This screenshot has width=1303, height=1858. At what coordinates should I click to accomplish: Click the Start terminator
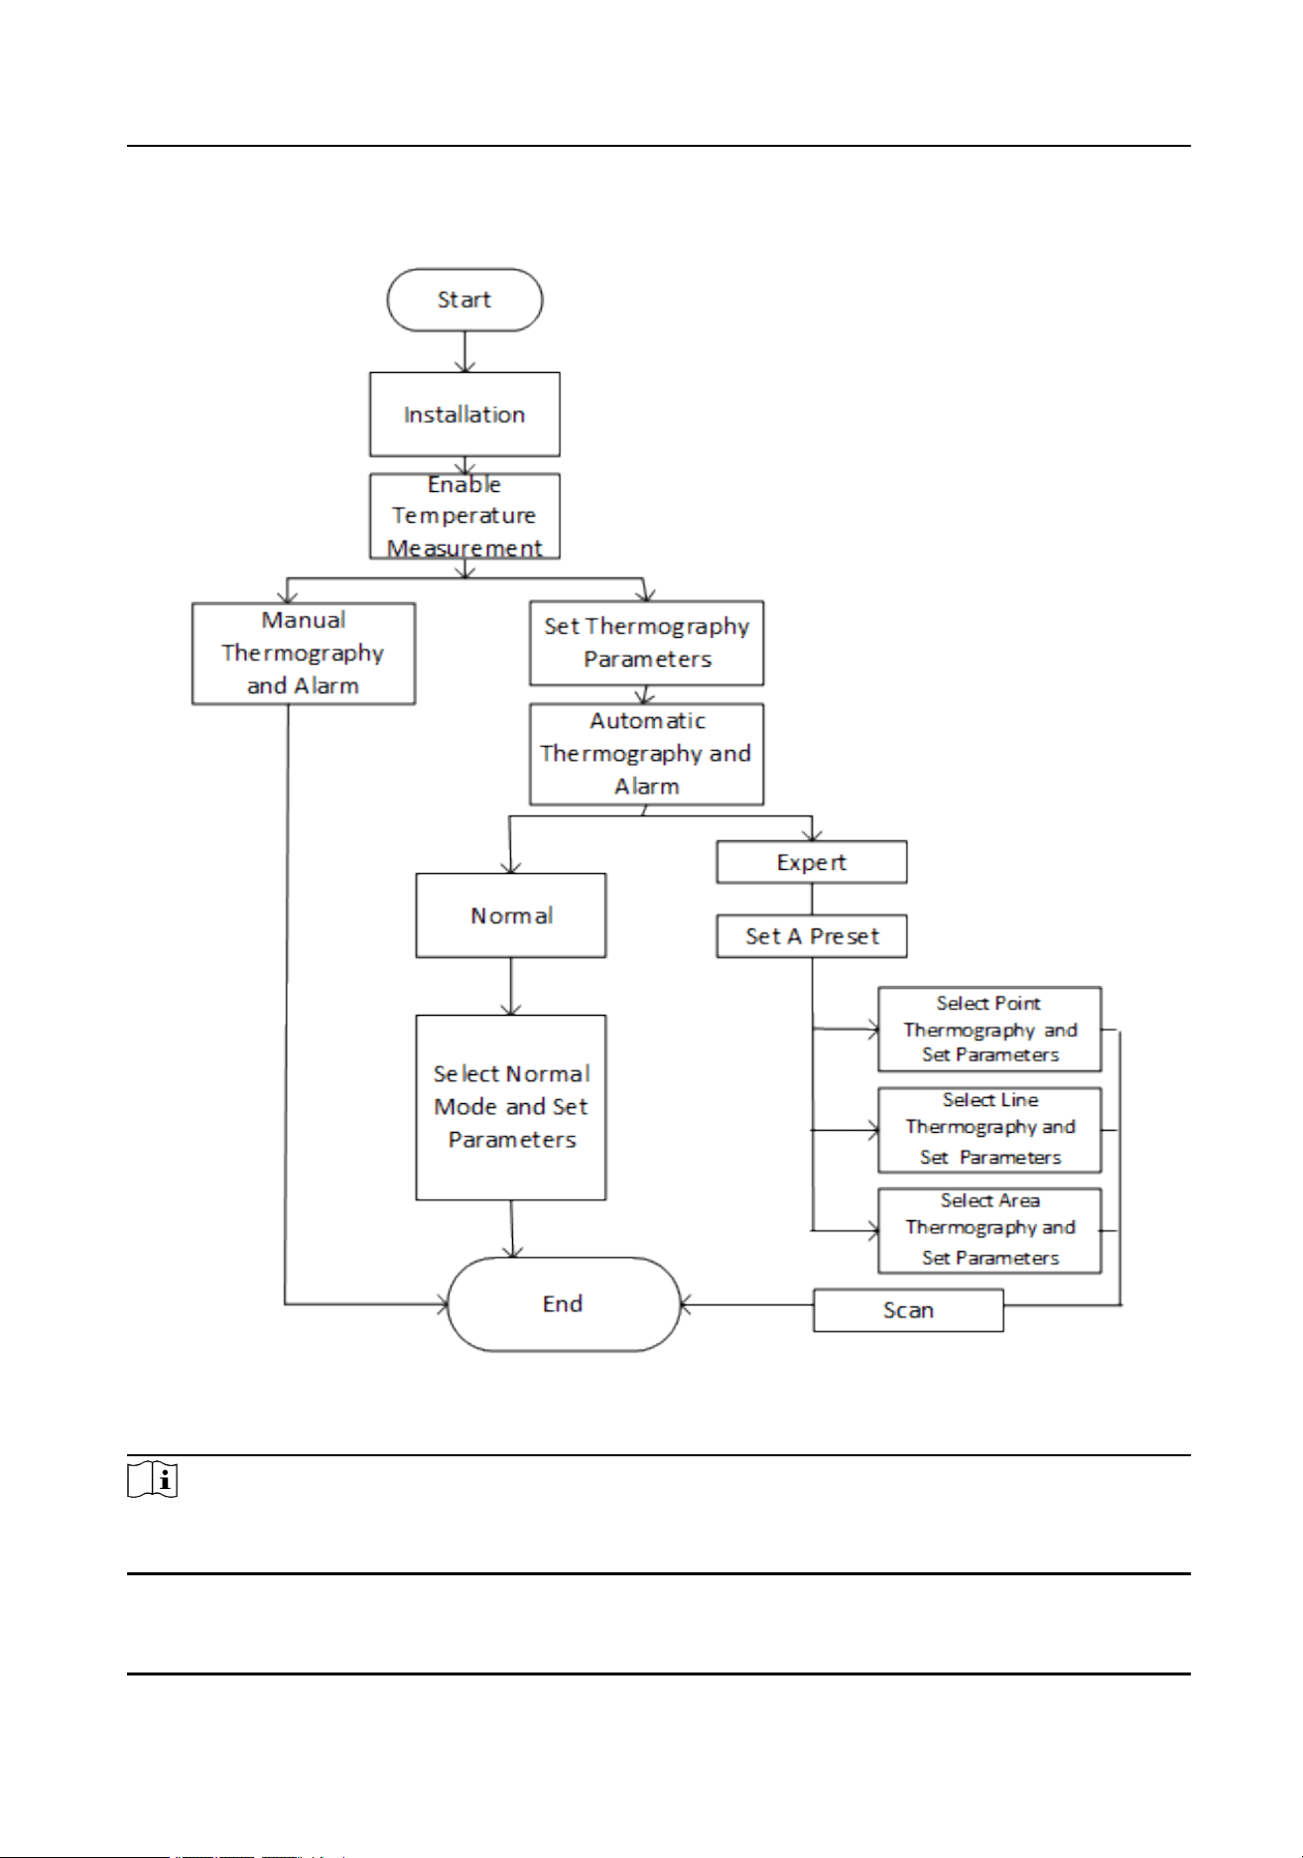464,300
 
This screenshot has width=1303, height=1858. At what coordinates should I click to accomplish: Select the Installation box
464,415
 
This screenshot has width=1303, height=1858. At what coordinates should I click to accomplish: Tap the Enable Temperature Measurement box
464,516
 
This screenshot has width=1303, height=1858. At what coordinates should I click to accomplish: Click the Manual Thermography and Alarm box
304,654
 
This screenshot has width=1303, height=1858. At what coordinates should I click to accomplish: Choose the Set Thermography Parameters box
647,643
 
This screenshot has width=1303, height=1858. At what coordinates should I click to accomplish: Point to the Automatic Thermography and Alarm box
647,754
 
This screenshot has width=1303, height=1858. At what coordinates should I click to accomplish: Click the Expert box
812,862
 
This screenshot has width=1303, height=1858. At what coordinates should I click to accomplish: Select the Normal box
511,916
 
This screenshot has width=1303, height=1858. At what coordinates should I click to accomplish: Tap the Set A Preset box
812,936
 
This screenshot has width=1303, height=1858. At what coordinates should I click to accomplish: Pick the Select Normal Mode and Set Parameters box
511,1107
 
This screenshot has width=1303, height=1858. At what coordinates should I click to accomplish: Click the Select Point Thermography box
990,1030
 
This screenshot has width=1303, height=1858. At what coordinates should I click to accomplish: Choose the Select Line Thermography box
990,1130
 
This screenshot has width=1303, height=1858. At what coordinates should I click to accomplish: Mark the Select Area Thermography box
990,1230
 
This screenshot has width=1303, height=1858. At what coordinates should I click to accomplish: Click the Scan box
908,1310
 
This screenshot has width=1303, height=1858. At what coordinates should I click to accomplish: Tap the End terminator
564,1304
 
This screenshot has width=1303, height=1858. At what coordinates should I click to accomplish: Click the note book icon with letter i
153,1479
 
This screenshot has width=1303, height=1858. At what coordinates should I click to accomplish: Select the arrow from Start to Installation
464,352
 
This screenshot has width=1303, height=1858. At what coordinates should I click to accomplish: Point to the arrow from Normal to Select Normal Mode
511,987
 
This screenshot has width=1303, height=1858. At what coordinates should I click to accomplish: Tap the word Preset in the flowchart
845,936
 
